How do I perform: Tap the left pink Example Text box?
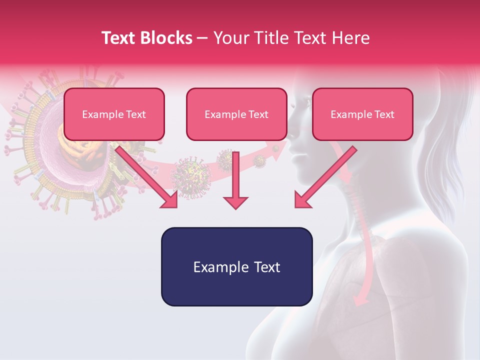point(114,114)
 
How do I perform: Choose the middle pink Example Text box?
point(236,114)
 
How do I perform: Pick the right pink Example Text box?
point(362,114)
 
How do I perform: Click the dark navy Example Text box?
point(236,266)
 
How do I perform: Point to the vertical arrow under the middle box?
point(235,180)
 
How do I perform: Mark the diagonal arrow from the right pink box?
point(325,177)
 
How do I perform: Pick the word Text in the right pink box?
point(384,114)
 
